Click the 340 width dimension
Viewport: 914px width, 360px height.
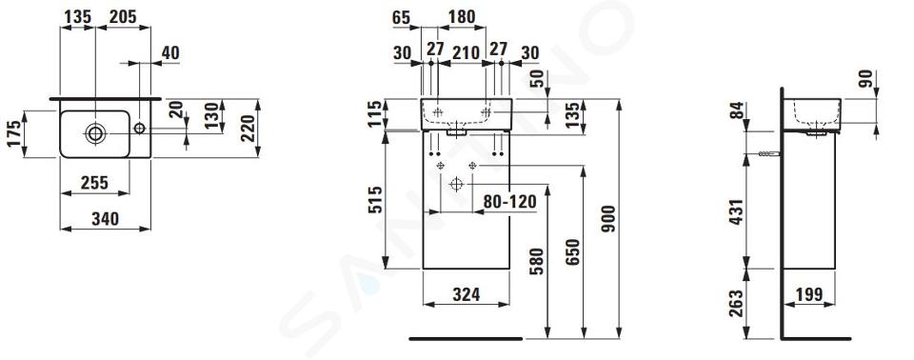coord(105,219)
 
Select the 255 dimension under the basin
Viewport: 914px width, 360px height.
coord(94,183)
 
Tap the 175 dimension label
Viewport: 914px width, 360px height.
coord(15,133)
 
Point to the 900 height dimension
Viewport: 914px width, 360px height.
coord(608,218)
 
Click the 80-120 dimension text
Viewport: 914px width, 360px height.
coord(510,202)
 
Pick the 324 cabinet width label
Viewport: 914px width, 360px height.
coord(467,294)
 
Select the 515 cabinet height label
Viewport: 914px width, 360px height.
coord(375,200)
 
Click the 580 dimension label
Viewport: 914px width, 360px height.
coord(536,261)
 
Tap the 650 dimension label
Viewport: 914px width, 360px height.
coord(573,252)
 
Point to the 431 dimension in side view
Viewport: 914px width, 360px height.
coord(736,213)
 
